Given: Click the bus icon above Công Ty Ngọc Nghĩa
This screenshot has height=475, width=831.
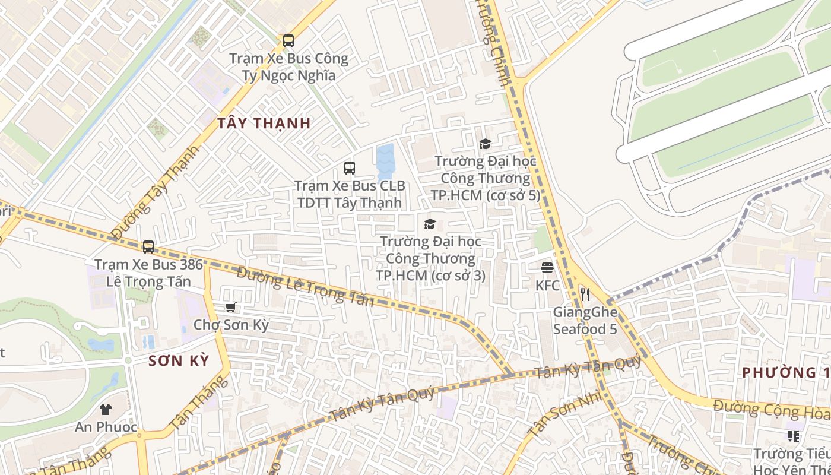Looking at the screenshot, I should coord(288,41).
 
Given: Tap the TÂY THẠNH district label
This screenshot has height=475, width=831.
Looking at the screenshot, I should coord(264,123).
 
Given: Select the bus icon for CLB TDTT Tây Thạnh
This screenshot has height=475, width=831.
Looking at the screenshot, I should coord(350,168).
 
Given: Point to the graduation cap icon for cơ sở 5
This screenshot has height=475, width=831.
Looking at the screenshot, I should coord(485,144).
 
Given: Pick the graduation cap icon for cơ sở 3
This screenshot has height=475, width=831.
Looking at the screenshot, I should coord(430,224).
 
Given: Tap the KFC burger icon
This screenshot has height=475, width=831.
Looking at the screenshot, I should coord(547,268).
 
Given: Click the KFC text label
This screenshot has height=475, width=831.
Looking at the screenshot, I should coord(547,286).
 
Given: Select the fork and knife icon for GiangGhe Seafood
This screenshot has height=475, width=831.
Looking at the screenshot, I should coord(585,294).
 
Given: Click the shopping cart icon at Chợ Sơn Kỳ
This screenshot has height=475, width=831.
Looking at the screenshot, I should coord(231,307).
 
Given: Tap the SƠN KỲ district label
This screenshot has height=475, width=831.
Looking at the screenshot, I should coord(179,360).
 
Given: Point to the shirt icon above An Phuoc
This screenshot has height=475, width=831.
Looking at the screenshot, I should coord(106,409).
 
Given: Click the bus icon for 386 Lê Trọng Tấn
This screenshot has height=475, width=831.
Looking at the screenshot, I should coord(148,246).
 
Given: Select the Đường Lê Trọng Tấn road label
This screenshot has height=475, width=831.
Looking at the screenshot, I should coord(305,287).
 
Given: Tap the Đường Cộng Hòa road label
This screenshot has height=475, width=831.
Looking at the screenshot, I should coord(771,410).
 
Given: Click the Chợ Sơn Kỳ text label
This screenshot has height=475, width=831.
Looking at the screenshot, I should coord(231,325).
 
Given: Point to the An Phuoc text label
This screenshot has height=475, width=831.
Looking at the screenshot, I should coord(106,427).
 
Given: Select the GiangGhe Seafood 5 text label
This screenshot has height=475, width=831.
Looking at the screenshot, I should coord(585,320).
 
